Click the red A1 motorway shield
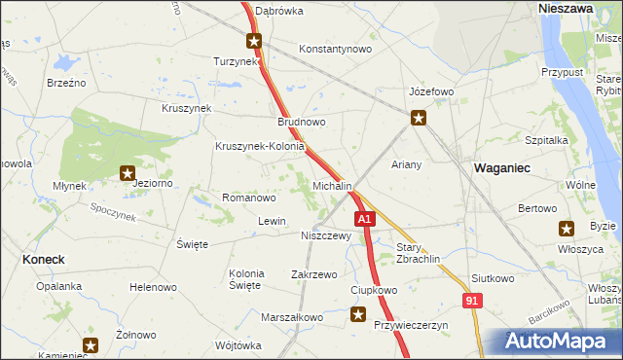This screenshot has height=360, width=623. coord(364,221)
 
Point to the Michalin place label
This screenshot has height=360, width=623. coord(332,185)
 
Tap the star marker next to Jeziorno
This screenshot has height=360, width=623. coord(127,174)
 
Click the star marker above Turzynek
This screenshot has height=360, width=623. coord(254,41)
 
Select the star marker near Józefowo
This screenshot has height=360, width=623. coord(419,119)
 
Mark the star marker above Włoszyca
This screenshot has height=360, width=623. coord(567,229)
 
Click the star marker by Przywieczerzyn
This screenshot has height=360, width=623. coord(359,314)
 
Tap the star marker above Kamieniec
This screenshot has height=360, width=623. coord(91,344)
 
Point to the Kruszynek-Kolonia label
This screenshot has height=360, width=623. coord(260,147)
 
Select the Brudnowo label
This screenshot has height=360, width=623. coord(302,123)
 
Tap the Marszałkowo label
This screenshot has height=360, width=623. coord(291,317)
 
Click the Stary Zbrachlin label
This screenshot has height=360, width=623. coord(420,253)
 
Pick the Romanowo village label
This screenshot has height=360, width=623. coord(249,198)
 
